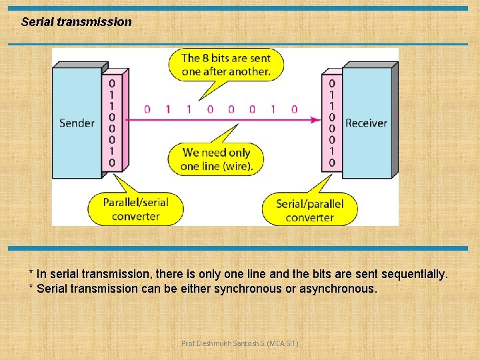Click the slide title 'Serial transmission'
click(77, 22)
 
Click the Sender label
click(77, 123)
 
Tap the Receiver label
click(366, 123)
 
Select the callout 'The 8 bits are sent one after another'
click(226, 65)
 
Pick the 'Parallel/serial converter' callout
click(135, 208)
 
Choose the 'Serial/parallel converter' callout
click(309, 210)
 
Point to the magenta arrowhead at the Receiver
click(316, 120)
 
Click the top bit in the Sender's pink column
click(111, 83)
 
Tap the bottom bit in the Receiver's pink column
click(332, 163)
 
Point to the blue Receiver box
click(366, 93)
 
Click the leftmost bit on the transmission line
click(147, 109)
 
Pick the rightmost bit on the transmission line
click(294, 109)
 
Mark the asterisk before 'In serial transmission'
click(31, 274)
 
